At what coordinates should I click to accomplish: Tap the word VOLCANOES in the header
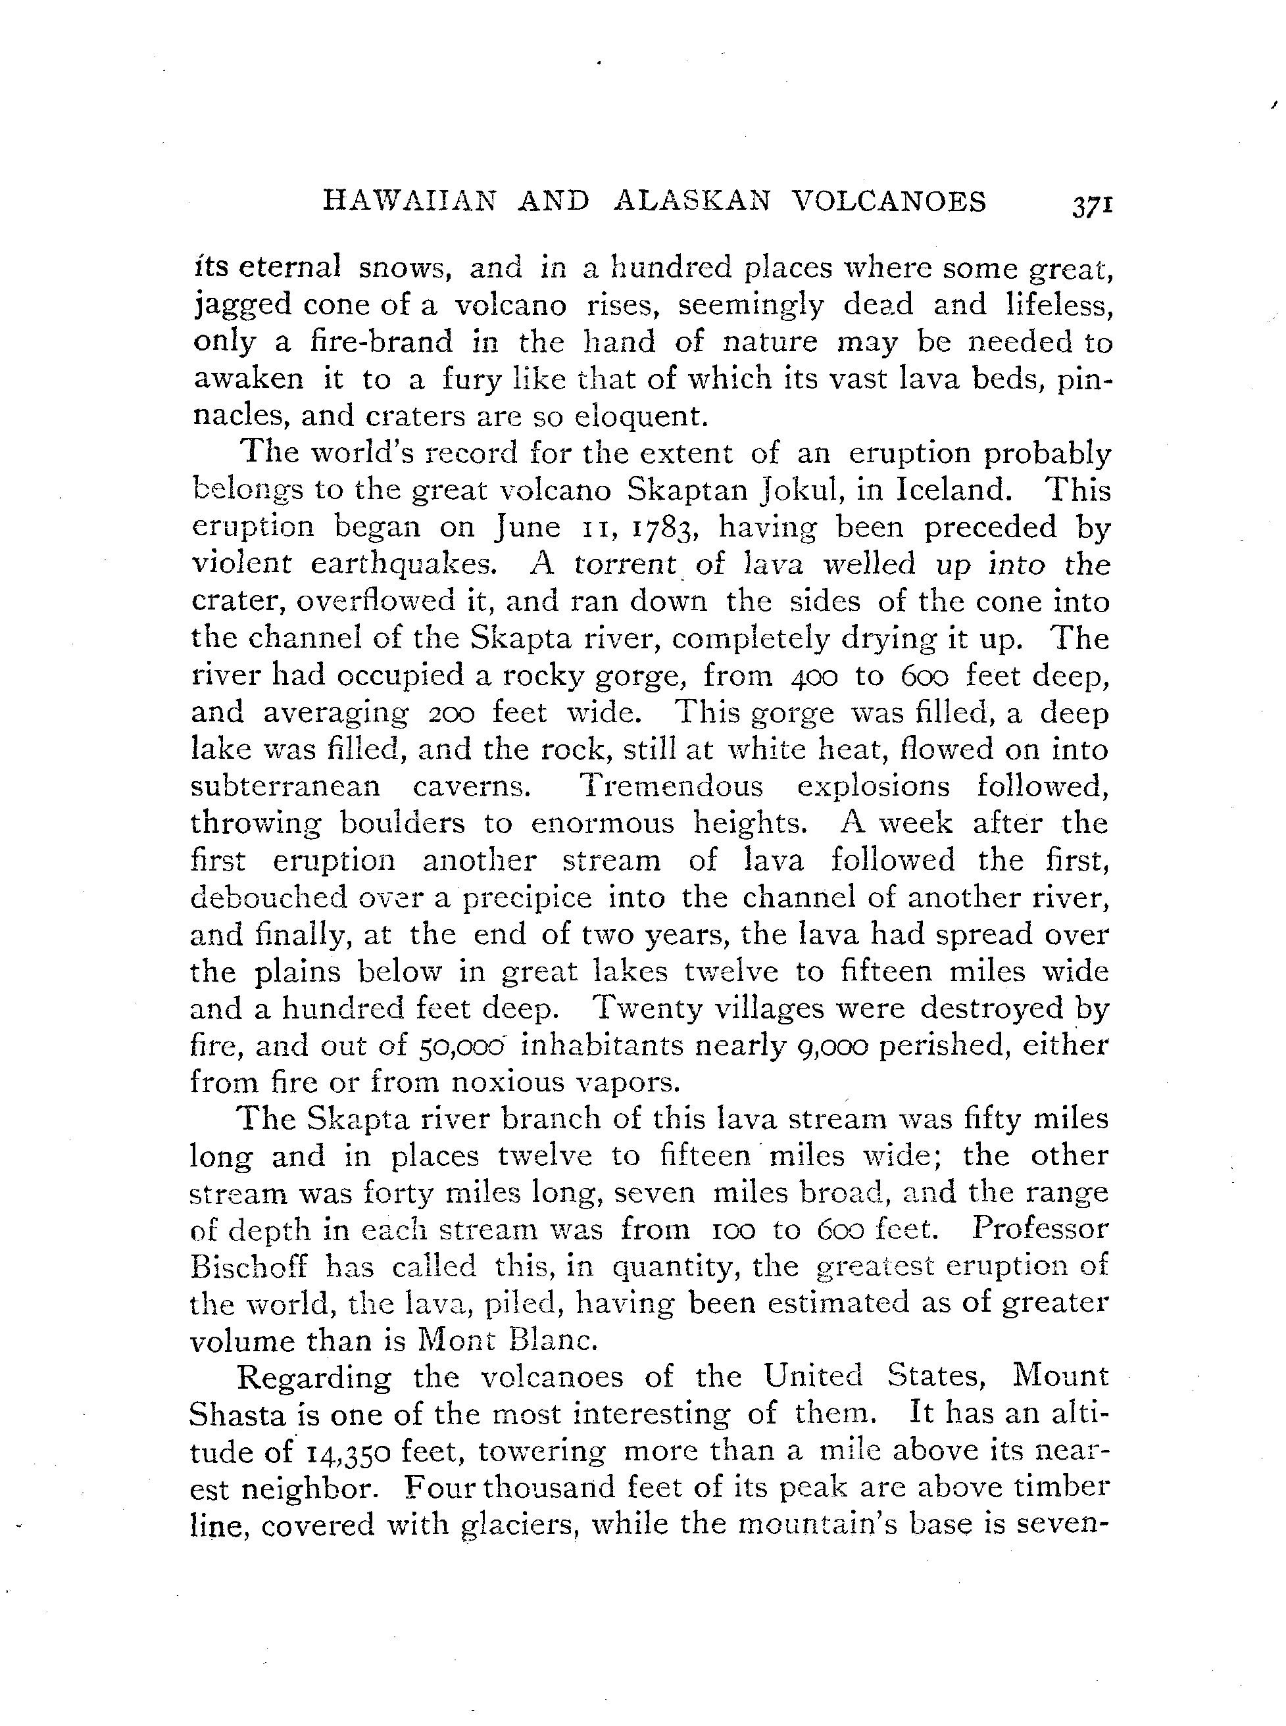pos(889,202)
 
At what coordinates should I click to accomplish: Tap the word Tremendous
pos(672,786)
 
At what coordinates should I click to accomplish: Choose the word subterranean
pos(285,786)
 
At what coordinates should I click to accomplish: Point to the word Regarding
pos(314,1377)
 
